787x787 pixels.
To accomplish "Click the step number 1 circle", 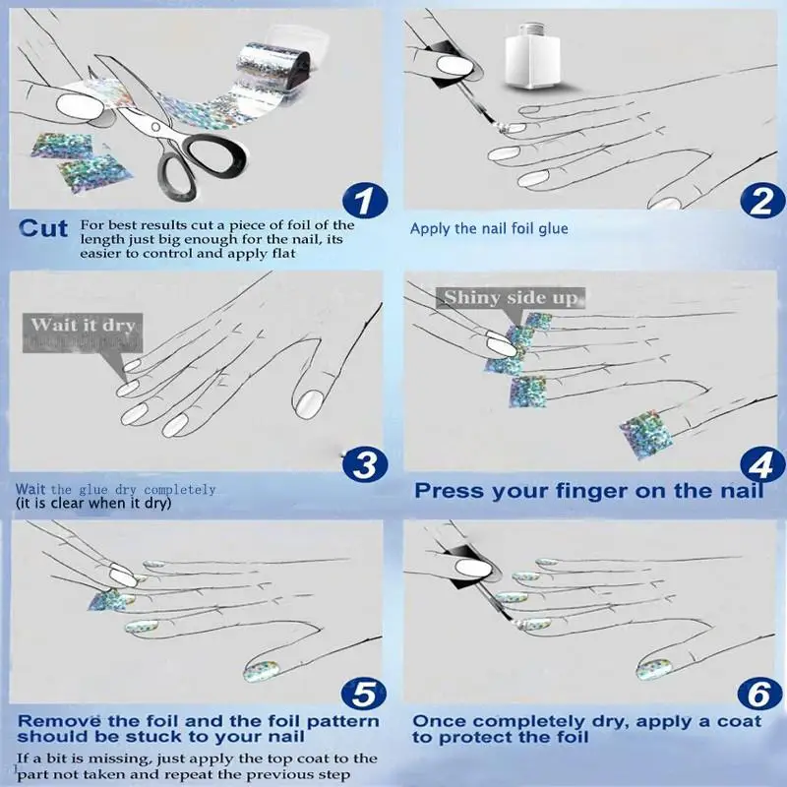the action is pyautogui.click(x=365, y=201).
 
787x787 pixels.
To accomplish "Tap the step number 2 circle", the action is pyautogui.click(x=762, y=201).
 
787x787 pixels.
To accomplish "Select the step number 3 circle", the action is pyautogui.click(x=365, y=464).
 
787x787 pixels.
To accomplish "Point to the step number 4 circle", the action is pyautogui.click(x=762, y=464).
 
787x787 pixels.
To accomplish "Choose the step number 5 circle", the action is pyautogui.click(x=363, y=695).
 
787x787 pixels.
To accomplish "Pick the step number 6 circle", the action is pyautogui.click(x=759, y=695).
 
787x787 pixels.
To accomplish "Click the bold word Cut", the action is pyautogui.click(x=43, y=228).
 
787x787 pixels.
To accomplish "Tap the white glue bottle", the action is pyautogui.click(x=533, y=56).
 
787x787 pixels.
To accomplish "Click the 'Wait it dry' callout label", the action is pyautogui.click(x=83, y=333).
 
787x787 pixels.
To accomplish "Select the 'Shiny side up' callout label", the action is pyautogui.click(x=511, y=298).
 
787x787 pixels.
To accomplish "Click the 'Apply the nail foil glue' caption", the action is pyautogui.click(x=489, y=229).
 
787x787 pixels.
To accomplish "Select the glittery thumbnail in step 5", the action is pyautogui.click(x=261, y=672).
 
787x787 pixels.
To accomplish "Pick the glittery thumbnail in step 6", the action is pyautogui.click(x=654, y=670).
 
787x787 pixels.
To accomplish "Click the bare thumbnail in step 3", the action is pyautogui.click(x=309, y=404).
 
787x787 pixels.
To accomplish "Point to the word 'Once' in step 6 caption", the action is pyautogui.click(x=440, y=721).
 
